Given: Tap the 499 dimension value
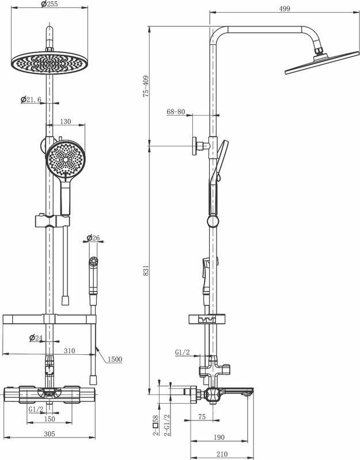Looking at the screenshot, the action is [283, 9].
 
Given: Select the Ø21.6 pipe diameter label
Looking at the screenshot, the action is [31, 100].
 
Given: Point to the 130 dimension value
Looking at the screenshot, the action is [65, 121].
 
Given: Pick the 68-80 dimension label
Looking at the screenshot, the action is [175, 112].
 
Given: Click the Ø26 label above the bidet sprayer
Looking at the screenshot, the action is [93, 237].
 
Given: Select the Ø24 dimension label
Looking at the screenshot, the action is [36, 338].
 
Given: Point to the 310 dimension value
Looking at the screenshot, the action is [70, 350].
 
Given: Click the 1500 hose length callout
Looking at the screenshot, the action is [115, 359].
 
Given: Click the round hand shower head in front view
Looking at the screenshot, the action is [64, 159].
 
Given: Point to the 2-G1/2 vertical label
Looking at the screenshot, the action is [166, 426].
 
